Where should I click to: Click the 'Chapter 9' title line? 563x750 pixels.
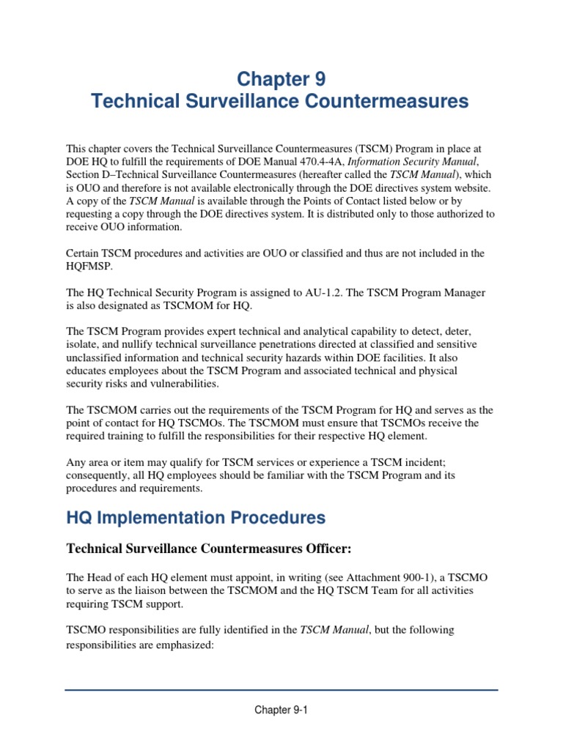pos(281,78)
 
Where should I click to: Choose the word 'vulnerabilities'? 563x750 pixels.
pos(182,385)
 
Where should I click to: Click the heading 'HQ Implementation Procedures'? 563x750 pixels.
pos(196,518)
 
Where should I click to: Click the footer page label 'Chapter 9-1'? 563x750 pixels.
pos(281,710)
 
